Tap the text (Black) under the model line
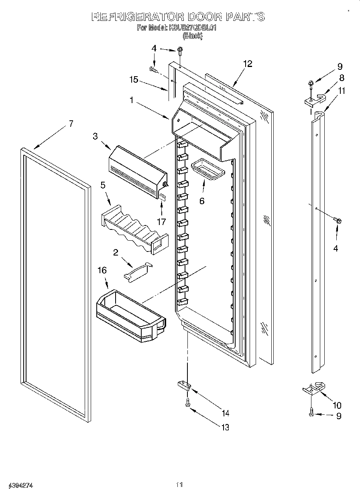[193, 35]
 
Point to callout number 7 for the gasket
[71, 124]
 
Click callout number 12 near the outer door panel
[248, 64]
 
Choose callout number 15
[134, 79]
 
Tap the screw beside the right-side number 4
[337, 220]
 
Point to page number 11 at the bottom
[179, 485]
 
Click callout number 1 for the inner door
[131, 100]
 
